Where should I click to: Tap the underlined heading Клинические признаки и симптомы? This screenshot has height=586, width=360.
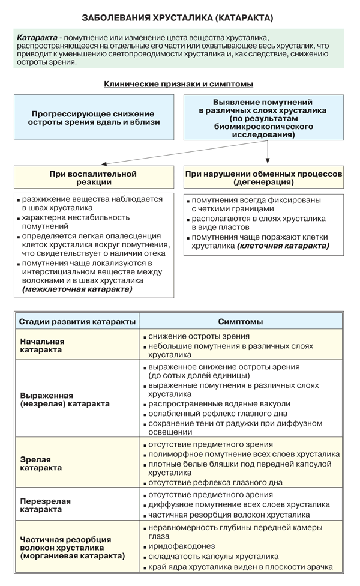point(178,84)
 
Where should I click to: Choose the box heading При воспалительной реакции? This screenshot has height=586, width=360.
point(93,178)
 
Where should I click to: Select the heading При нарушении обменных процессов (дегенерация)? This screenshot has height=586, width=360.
point(263,178)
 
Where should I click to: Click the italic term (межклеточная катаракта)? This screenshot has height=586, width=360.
point(77,289)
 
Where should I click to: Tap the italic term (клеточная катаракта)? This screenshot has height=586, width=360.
point(283,246)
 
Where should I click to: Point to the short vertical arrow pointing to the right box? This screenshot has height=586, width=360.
point(267,154)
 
